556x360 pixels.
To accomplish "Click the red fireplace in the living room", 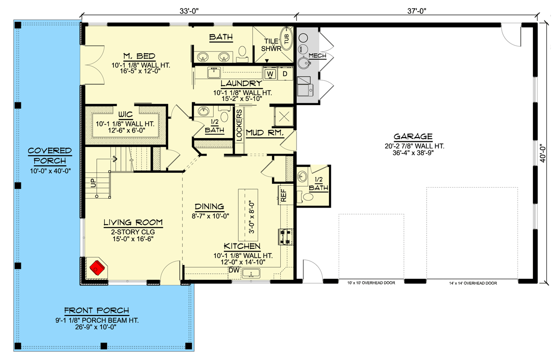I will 97,267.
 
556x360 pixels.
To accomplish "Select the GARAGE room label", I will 413,137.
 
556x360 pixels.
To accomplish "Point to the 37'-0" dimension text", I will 417,8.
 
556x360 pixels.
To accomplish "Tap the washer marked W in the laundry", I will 270,73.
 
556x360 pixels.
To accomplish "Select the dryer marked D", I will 285,73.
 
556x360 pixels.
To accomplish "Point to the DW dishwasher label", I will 234,270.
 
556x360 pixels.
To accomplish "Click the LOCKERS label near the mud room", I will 239,124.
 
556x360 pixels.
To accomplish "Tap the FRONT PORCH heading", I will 96,311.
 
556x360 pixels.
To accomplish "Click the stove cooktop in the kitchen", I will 284,236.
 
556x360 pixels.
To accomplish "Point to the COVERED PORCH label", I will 50,156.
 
